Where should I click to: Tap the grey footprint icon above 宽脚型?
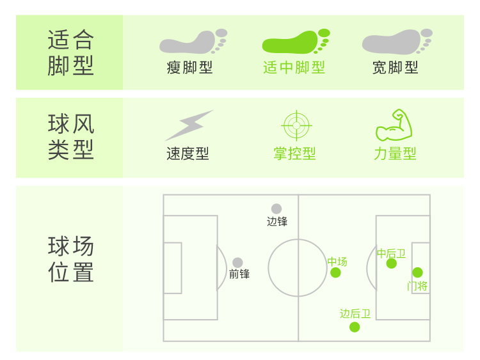pyautogui.click(x=396, y=42)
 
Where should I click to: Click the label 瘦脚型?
pyautogui.click(x=189, y=68)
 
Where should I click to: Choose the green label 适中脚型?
pyautogui.click(x=294, y=68)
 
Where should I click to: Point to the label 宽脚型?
pyautogui.click(x=396, y=68)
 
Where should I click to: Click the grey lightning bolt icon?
pyautogui.click(x=189, y=125)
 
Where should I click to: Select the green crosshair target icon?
pyautogui.click(x=295, y=125)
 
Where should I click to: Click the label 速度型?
pyautogui.click(x=188, y=154)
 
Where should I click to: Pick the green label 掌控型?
pyautogui.click(x=294, y=154)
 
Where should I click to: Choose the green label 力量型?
pyautogui.click(x=396, y=154)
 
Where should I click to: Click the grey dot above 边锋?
pyautogui.click(x=276, y=208)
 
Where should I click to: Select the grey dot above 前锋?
pyautogui.click(x=237, y=262)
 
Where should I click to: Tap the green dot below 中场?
pyautogui.click(x=335, y=272)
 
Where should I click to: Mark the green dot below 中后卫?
pyautogui.click(x=392, y=263)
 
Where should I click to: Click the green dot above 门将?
pyautogui.click(x=418, y=272)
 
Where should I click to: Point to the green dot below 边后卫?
pyautogui.click(x=355, y=327)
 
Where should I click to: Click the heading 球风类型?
pyautogui.click(x=70, y=137)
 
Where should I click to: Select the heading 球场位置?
pyautogui.click(x=70, y=260)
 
